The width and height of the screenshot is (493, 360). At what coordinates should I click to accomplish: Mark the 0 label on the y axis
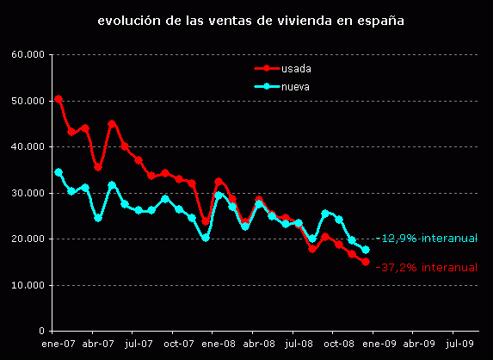pyautogui.click(x=41, y=331)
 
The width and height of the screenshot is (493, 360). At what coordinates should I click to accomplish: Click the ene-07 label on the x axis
pyautogui.click(x=57, y=343)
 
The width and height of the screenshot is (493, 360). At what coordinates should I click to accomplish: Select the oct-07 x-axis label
pyautogui.click(x=177, y=343)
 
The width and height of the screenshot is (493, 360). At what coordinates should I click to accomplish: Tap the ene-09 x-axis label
pyautogui.click(x=378, y=343)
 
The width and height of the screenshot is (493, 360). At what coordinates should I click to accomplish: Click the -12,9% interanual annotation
pyautogui.click(x=427, y=239)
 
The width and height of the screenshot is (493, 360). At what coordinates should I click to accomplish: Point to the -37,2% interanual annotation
pyautogui.click(x=427, y=268)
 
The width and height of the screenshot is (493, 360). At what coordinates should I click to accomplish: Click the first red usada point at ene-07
pyautogui.click(x=59, y=99)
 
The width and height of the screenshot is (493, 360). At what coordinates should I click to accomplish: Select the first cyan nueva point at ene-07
pyautogui.click(x=59, y=172)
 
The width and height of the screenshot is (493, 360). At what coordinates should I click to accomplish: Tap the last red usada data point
pyautogui.click(x=366, y=262)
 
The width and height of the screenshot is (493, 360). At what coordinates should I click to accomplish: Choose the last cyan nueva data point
pyautogui.click(x=366, y=250)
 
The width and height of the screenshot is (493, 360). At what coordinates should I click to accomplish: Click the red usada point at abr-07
pyautogui.click(x=98, y=167)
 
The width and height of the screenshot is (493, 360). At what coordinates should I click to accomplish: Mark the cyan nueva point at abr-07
pyautogui.click(x=98, y=218)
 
